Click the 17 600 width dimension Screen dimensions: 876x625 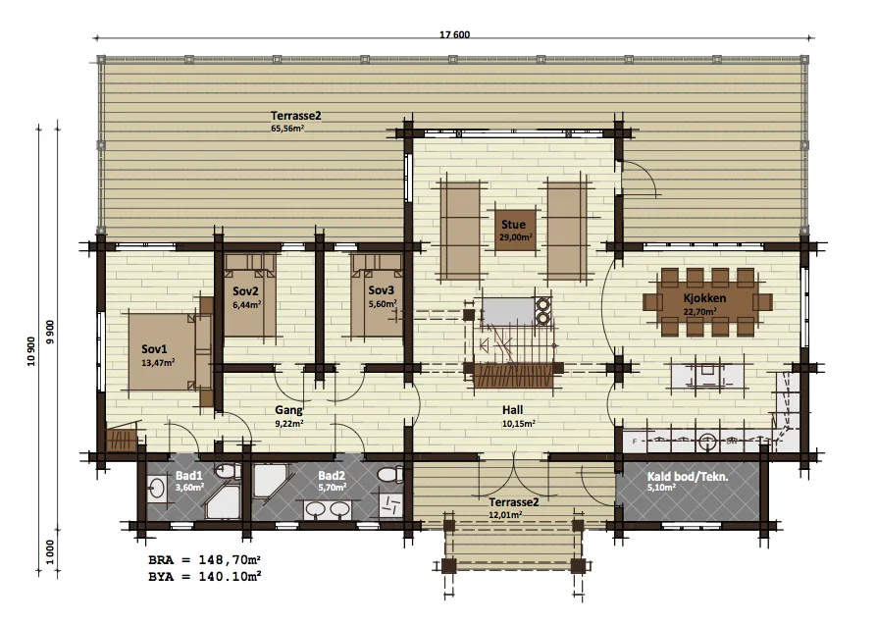(454, 34)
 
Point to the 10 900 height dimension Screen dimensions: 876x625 (31, 351)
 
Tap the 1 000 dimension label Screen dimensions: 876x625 (51, 551)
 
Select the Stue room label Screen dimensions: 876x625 (513, 225)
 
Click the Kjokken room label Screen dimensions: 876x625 (704, 298)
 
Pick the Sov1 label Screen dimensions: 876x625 (154, 349)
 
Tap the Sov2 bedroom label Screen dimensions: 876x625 (246, 291)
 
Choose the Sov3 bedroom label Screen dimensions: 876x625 (381, 290)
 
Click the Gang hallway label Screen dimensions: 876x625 (288, 411)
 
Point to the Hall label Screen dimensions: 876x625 (512, 410)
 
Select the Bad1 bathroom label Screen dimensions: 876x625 (188, 476)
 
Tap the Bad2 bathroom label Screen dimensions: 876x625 (332, 476)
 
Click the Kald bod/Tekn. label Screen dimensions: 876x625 (688, 477)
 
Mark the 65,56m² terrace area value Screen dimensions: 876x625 (287, 128)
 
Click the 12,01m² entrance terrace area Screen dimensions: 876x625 (505, 515)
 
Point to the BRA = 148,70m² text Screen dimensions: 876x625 (205, 560)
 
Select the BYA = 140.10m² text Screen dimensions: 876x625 (205, 576)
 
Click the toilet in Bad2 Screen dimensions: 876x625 (390, 475)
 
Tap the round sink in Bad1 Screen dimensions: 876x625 (156, 488)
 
